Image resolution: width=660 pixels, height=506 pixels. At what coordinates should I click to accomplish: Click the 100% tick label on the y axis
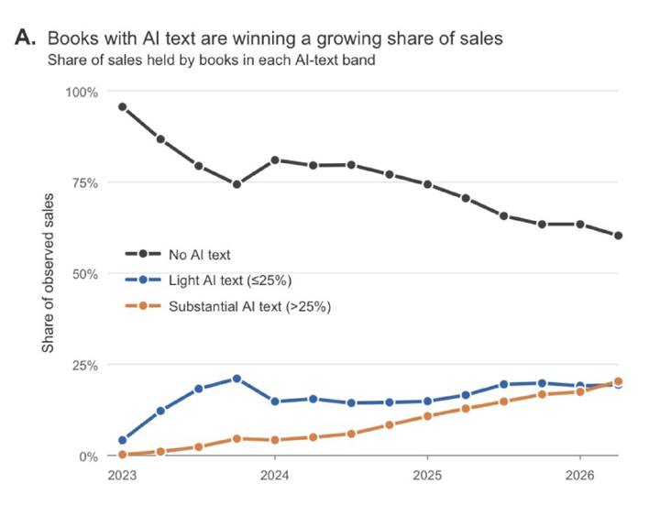tap(82, 92)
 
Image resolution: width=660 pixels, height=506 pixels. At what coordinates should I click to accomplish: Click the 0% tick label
tap(88, 456)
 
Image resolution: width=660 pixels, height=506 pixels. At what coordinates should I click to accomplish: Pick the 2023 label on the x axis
tap(122, 476)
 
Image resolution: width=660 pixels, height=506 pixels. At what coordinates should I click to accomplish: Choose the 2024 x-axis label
tap(274, 476)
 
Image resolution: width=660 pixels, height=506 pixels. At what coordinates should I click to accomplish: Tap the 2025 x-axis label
tap(427, 476)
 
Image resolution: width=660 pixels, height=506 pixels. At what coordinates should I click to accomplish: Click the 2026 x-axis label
tap(580, 476)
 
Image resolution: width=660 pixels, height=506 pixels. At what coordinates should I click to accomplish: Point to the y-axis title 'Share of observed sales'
tap(48, 273)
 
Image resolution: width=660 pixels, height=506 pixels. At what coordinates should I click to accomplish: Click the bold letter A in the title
tap(26, 38)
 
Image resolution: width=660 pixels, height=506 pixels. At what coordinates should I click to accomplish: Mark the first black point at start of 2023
tap(123, 107)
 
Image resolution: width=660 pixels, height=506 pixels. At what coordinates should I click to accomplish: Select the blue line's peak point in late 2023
tap(236, 379)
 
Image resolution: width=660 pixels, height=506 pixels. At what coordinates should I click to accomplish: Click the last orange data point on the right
tap(619, 381)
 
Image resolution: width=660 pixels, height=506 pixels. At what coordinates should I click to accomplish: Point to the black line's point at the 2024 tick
tap(275, 160)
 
